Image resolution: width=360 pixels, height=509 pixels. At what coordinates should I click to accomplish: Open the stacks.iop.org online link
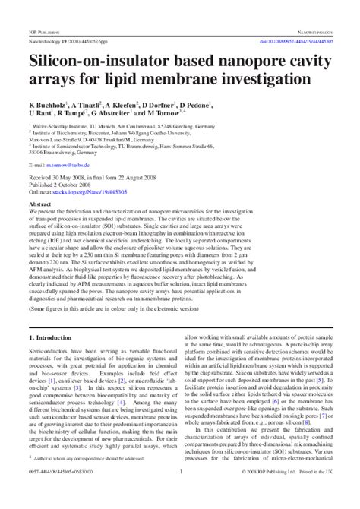[91, 193]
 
